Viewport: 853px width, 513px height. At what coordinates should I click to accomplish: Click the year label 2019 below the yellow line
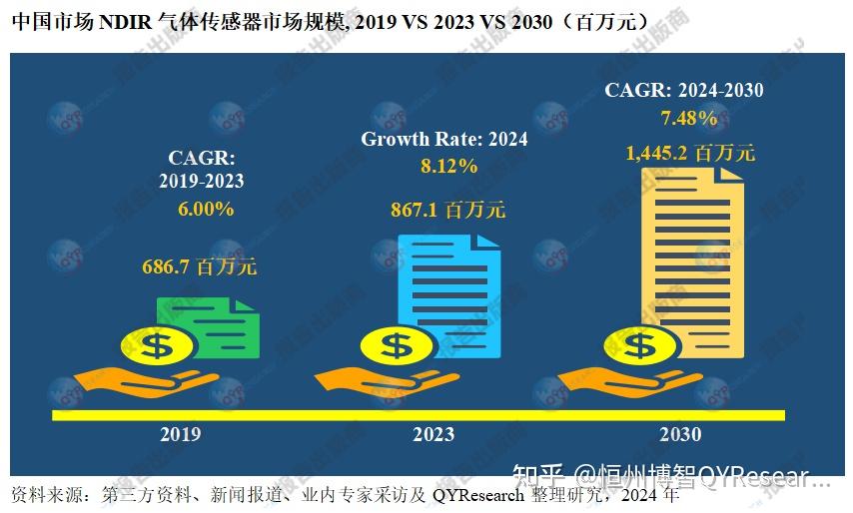click(180, 434)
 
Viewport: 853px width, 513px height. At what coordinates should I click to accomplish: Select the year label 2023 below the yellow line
click(432, 434)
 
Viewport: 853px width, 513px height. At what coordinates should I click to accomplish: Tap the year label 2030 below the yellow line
click(680, 434)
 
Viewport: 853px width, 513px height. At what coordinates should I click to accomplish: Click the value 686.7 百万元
click(199, 267)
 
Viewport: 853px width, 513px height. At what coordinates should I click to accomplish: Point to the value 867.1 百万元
click(447, 210)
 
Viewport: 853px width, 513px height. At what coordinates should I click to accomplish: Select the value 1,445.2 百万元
click(690, 154)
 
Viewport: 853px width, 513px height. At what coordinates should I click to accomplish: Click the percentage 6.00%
click(206, 209)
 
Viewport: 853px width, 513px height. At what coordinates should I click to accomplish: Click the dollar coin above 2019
click(157, 346)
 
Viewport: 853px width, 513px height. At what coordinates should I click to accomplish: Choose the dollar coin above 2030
click(639, 346)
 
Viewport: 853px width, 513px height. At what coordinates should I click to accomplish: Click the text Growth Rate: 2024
click(444, 140)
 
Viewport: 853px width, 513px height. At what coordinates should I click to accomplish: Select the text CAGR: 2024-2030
click(684, 91)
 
